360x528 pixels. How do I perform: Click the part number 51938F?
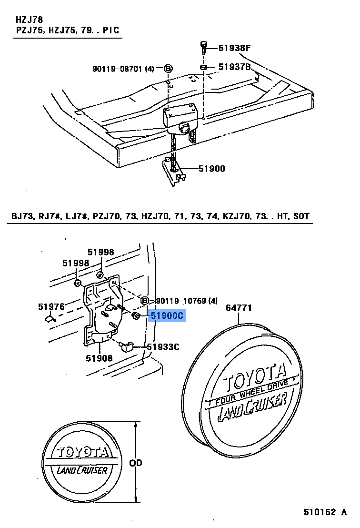point(234,48)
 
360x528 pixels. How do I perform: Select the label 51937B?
point(234,67)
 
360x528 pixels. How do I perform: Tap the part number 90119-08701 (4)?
point(123,69)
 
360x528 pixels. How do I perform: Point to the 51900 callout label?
point(211,168)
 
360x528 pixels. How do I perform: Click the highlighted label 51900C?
point(167,315)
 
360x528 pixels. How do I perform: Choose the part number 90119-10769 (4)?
point(186,300)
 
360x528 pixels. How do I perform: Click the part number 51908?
point(99,358)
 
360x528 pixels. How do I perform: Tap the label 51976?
point(51,306)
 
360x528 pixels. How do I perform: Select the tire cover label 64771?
point(239,308)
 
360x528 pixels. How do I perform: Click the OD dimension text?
point(136,463)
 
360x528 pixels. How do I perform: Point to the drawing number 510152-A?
point(325,512)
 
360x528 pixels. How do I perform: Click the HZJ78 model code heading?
point(29,20)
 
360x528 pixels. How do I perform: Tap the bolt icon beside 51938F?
point(203,48)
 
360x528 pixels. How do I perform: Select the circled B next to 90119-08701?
point(168,69)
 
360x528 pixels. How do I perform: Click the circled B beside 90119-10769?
point(144,301)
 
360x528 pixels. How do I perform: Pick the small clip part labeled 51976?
point(50,317)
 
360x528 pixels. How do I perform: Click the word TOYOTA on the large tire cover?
point(255,375)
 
